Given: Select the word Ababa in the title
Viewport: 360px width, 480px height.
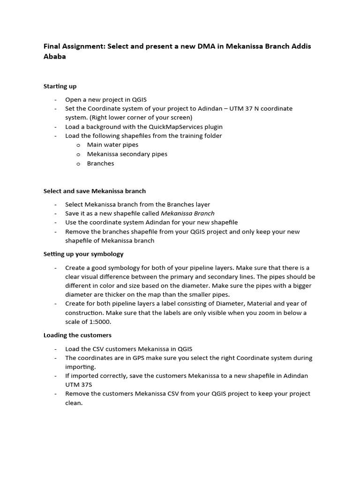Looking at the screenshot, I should [x=55, y=57].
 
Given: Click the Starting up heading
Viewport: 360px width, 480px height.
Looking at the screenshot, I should [x=60, y=86].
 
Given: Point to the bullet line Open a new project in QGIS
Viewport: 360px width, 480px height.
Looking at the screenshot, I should [x=106, y=99].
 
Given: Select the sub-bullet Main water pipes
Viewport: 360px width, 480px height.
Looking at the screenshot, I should [x=112, y=145].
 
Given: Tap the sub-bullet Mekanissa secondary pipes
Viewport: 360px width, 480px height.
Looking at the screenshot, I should [x=127, y=154].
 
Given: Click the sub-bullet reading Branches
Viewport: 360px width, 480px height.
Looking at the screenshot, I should [x=100, y=164].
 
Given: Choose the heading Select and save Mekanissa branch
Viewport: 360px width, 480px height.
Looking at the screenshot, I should [x=95, y=191].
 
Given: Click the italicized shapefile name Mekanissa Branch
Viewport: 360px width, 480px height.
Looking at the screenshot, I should [x=187, y=213].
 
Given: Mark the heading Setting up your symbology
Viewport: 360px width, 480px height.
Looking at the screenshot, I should [x=83, y=254].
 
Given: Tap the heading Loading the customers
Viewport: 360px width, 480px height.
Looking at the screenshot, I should [x=77, y=335].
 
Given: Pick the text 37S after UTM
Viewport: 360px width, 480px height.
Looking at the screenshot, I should [x=74, y=385].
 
